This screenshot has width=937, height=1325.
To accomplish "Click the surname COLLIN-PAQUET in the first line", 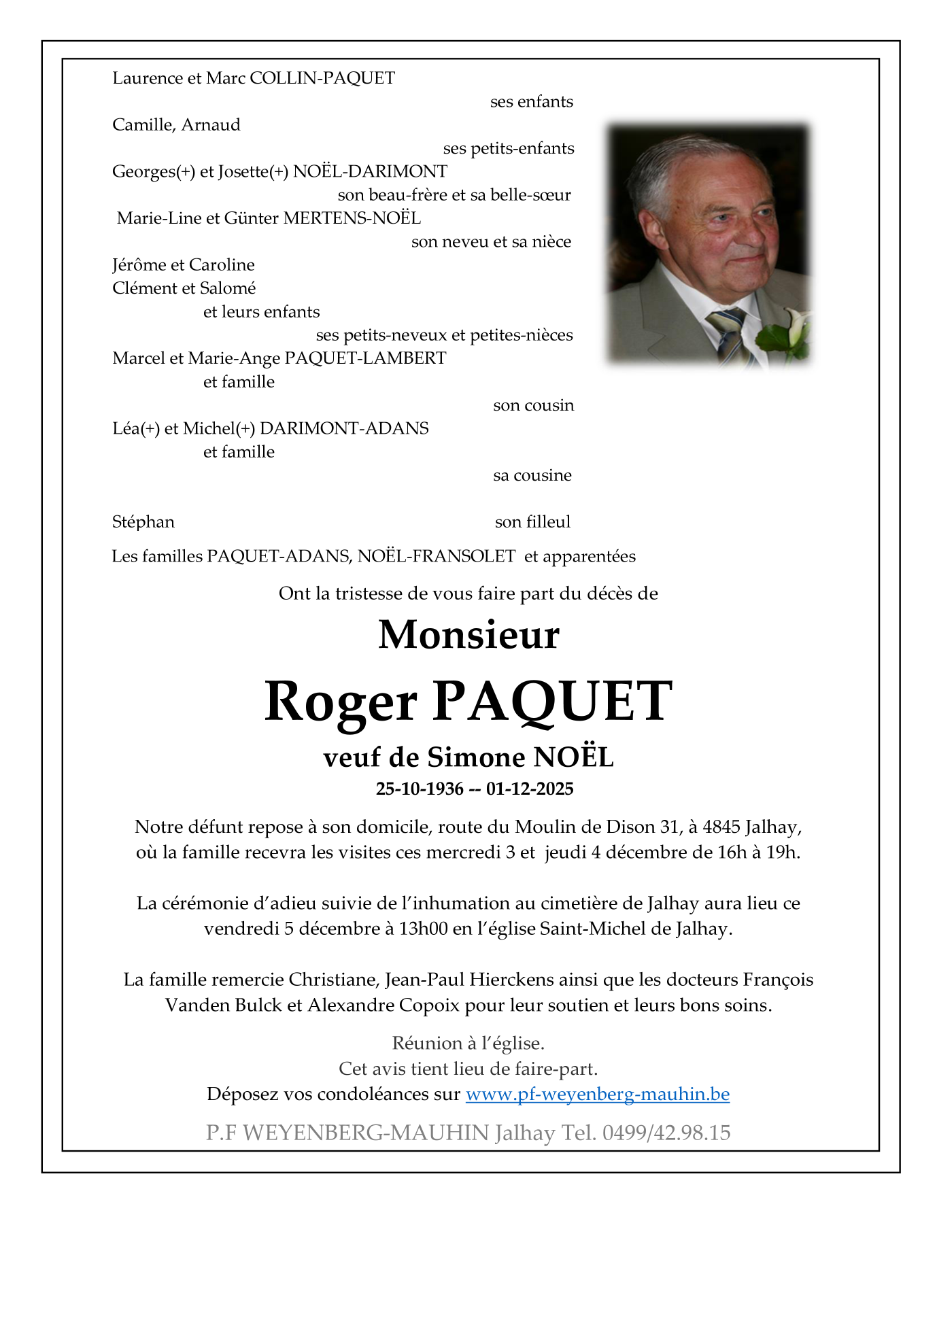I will click(x=322, y=78).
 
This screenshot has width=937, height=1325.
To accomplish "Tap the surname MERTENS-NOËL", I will click(x=352, y=218).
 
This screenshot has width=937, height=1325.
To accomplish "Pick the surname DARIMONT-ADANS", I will click(x=344, y=428).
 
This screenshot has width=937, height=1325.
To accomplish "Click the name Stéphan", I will click(x=143, y=522).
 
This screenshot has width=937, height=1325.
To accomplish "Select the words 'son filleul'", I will click(x=532, y=522).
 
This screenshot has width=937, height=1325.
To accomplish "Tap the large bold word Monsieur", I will click(x=469, y=635).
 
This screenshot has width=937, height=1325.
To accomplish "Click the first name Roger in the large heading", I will click(x=341, y=702).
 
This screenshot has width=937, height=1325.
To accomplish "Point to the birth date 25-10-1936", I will click(x=420, y=789).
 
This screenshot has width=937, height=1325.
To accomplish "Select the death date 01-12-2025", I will click(x=530, y=789).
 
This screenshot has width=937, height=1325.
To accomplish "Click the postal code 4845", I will click(x=721, y=827).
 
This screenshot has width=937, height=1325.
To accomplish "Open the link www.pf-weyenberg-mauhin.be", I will click(x=597, y=1094).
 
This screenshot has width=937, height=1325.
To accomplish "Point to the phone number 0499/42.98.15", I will click(x=666, y=1133).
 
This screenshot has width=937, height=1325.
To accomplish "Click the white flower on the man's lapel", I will click(x=793, y=326).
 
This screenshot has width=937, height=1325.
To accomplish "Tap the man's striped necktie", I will click(x=728, y=333).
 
